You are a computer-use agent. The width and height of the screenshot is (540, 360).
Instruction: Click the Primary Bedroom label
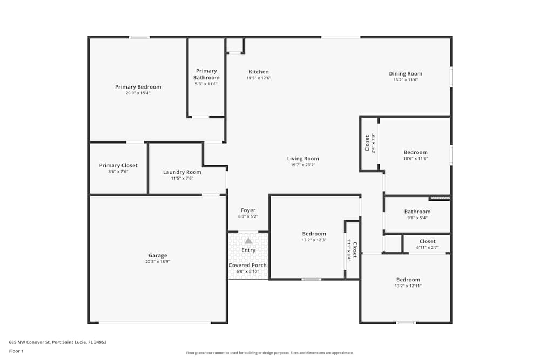(138, 87)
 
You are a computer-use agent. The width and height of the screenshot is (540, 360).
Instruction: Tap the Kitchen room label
(259, 72)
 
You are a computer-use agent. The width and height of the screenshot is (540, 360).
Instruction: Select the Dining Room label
(406, 74)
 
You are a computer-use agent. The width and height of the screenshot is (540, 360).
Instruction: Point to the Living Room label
(303, 159)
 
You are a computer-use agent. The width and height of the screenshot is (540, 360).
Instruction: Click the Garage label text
(158, 256)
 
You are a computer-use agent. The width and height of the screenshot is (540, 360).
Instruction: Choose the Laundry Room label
(182, 172)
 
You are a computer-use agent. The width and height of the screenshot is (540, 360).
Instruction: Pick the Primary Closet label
(118, 165)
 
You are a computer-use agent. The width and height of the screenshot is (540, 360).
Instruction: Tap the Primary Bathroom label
(206, 74)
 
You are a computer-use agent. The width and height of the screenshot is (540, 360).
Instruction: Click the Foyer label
(248, 210)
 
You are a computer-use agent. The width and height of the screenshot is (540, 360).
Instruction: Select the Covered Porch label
(247, 266)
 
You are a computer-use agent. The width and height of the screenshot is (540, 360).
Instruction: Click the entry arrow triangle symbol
(248, 241)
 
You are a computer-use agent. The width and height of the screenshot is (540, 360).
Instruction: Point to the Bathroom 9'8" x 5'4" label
(417, 212)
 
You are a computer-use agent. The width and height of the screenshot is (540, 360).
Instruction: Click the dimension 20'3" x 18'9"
(158, 262)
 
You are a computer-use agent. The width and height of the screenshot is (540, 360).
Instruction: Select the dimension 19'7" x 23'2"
(303, 165)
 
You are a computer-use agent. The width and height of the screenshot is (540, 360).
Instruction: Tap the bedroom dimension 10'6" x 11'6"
(416, 159)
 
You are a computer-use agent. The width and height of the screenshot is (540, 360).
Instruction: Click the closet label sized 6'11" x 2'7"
(427, 242)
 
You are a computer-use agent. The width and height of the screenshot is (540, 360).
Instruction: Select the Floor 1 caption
(16, 351)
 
